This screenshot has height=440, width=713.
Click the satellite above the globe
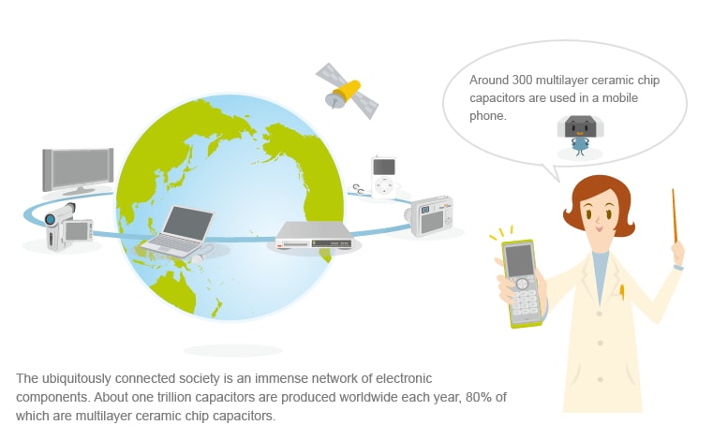[347, 91]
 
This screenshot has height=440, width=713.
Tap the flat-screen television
[78, 170]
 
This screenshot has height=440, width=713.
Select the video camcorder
[68, 227]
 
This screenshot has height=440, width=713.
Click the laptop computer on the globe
[178, 231]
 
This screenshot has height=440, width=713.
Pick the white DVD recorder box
[314, 235]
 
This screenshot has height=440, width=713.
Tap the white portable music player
[383, 177]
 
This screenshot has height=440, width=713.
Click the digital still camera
[432, 216]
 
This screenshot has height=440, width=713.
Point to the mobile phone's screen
[519, 260]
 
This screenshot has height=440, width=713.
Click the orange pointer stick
[675, 215]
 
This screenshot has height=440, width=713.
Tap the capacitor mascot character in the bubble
[580, 135]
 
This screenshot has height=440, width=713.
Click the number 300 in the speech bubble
[522, 80]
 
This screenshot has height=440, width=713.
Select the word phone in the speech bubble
[487, 116]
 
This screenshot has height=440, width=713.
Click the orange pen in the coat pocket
[621, 292]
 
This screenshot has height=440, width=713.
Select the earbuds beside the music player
[358, 189]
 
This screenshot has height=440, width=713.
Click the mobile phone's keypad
[525, 301]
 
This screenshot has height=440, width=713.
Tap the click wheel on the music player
[383, 185]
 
